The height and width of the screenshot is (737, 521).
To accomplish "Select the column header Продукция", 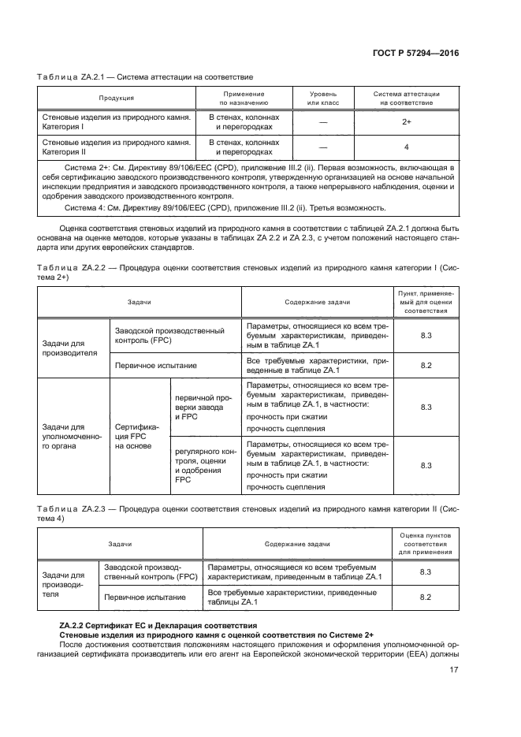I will click(116, 98).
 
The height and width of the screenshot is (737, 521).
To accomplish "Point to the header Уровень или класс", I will click(323, 98).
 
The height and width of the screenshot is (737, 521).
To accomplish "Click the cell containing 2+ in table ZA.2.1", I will click(406, 122).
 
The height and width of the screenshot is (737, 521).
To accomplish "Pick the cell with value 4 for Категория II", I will click(406, 147).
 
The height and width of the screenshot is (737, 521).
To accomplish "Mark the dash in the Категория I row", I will click(323, 122).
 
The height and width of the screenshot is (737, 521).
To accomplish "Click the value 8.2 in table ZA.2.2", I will click(426, 366).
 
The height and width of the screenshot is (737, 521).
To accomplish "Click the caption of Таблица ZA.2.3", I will click(244, 512).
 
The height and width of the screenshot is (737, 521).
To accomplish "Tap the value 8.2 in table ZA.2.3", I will click(426, 597).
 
